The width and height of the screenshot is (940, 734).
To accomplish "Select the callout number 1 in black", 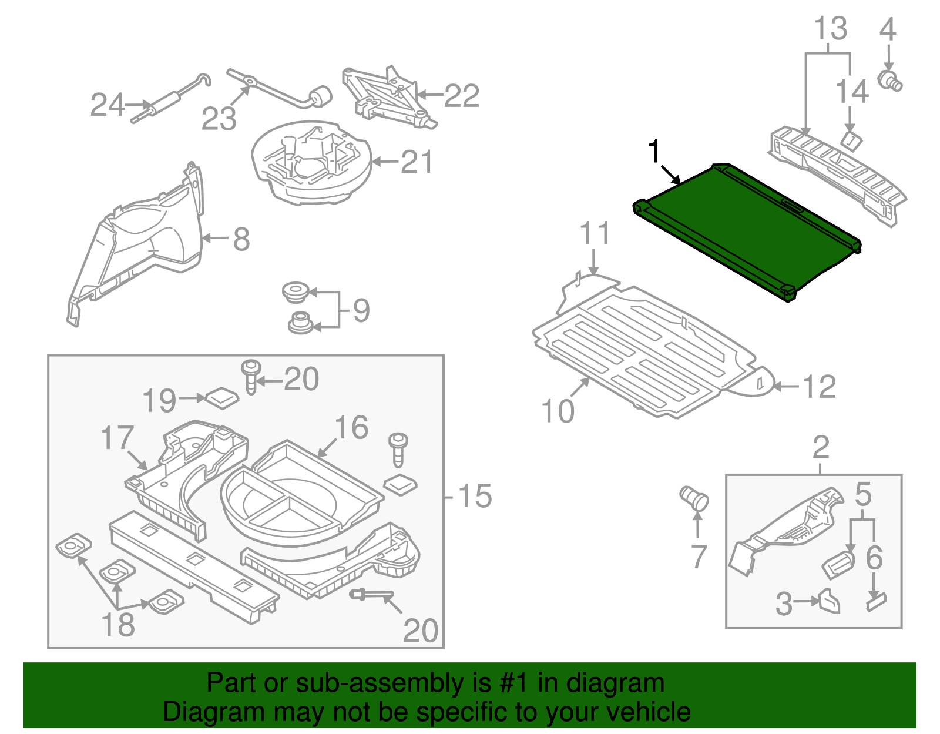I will tap(654, 152).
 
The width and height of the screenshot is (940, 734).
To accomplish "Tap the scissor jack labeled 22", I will tap(388, 97).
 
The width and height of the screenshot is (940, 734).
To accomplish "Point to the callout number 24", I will tap(108, 106).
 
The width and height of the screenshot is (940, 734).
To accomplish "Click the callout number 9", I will tap(361, 310).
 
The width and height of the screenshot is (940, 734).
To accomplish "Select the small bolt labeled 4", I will tap(890, 81).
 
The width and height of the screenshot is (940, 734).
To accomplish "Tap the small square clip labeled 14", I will tap(851, 140).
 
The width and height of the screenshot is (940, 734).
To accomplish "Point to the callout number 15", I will tap(475, 497).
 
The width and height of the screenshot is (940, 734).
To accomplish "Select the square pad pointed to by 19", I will tap(222, 398).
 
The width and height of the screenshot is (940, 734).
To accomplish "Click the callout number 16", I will tap(351, 428).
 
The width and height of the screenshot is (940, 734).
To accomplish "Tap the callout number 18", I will tap(118, 625).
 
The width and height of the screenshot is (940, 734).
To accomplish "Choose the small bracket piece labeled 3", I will tap(829, 602).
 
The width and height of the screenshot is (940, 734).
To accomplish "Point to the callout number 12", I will tap(818, 387).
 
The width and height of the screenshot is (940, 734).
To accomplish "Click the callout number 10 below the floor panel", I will tap(558, 411).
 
